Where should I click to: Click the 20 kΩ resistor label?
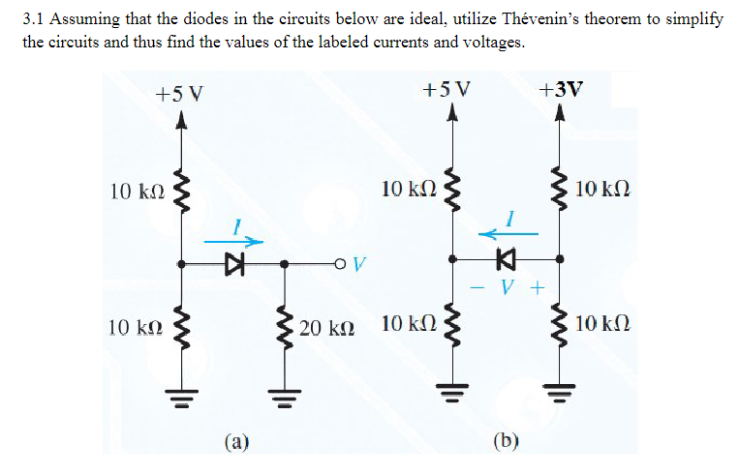(326, 329)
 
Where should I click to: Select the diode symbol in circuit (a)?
(232, 263)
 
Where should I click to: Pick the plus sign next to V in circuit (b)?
(537, 287)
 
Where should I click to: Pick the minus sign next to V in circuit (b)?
(477, 287)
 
